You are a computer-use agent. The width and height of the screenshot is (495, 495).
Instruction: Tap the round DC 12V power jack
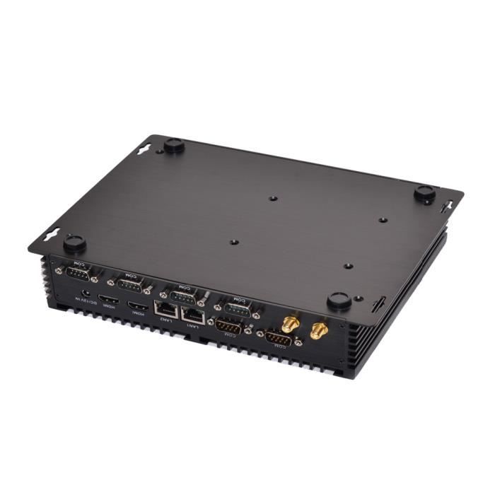tap(86, 291)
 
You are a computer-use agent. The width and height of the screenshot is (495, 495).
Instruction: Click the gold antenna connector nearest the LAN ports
tap(289, 325)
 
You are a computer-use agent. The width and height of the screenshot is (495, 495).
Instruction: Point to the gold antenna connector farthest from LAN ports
tap(319, 330)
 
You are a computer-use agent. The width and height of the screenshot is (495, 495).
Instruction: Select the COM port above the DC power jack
tap(78, 273)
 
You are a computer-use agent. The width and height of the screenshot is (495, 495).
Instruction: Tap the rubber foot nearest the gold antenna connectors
tap(339, 301)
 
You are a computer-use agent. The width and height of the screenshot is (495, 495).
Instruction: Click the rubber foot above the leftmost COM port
tap(74, 244)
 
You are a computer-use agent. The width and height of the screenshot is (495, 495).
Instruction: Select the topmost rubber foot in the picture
tap(174, 145)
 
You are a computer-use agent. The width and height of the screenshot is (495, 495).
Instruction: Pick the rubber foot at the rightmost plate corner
tap(424, 194)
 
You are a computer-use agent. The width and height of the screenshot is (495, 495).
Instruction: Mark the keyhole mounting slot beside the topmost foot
tap(144, 148)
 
